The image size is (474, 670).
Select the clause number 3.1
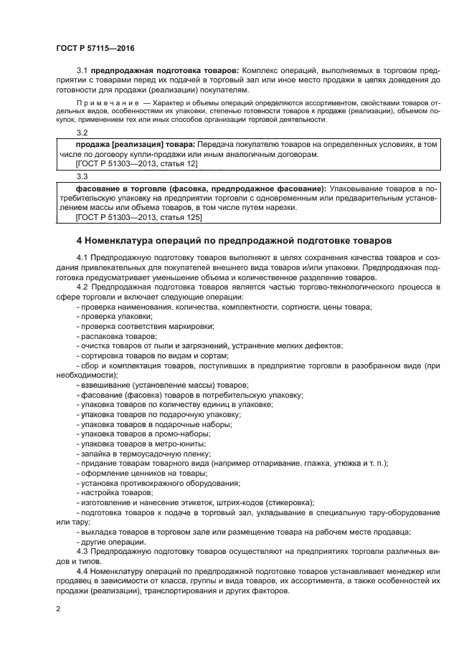pyautogui.click(x=82, y=70)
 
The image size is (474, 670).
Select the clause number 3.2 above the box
pyautogui.click(x=82, y=133)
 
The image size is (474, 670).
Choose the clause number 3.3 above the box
pyautogui.click(x=82, y=176)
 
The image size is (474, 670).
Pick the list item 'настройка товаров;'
pyautogui.click(x=114, y=492)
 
